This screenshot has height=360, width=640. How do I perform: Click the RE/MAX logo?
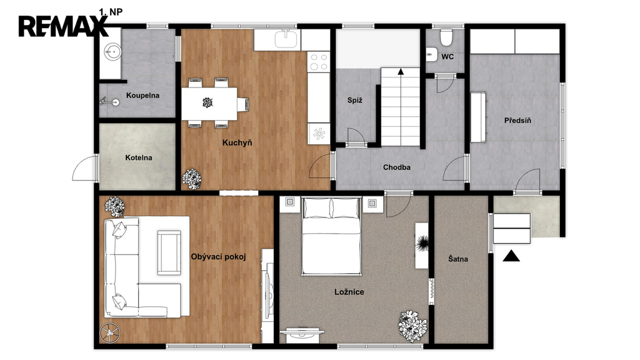[63, 26]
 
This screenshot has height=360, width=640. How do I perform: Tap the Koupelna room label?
[142, 96]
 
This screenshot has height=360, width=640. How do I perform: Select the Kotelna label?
[139, 157]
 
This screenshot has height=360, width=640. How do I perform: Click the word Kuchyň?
[237, 142]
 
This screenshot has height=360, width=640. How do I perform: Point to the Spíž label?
[355, 100]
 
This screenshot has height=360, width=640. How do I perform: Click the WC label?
[447, 57]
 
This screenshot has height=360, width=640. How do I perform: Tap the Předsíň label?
[517, 121]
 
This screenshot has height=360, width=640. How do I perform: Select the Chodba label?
[397, 167]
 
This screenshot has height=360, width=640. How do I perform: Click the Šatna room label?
[458, 258]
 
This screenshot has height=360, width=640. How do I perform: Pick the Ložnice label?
[349, 292]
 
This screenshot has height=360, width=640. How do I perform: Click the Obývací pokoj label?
[218, 257]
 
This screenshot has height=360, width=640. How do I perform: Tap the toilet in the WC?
[446, 37]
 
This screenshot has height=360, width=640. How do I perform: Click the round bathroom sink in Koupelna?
[112, 51]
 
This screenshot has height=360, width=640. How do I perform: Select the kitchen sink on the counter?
[287, 39]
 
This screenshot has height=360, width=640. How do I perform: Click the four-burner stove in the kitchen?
[319, 62]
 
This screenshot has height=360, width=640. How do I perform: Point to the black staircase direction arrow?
[401, 71]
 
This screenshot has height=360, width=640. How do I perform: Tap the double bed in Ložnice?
[331, 236]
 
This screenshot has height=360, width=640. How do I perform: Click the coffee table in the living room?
[169, 252]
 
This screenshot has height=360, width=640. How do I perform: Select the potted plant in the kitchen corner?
[191, 179]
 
